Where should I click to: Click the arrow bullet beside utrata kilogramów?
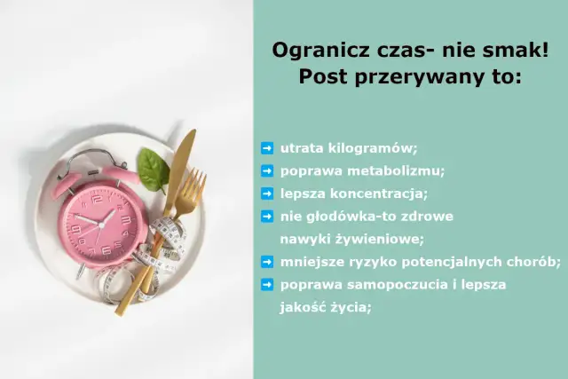[266, 147]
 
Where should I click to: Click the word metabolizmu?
[399, 170]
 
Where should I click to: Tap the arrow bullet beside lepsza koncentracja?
[266, 193]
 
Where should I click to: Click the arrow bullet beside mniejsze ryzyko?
[266, 261]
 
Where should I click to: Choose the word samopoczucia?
[390, 284]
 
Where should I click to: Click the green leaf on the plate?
[153, 168]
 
